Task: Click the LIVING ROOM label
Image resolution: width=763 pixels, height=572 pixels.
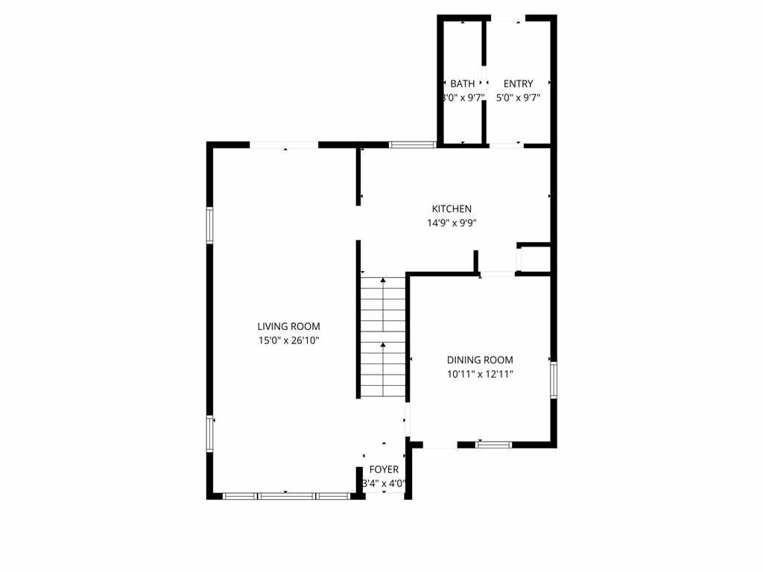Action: (288, 326)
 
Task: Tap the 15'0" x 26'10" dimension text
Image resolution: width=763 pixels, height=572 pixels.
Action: (288, 340)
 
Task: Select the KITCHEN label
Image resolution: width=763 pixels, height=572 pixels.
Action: (452, 209)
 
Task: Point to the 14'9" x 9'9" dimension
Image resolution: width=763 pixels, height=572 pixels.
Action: (452, 223)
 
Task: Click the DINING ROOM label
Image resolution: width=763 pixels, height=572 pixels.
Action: (480, 360)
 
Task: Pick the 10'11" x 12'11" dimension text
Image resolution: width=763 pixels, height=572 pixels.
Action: (480, 375)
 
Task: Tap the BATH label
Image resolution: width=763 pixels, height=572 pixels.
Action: (462, 83)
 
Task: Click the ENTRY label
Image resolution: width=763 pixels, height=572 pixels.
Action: (518, 83)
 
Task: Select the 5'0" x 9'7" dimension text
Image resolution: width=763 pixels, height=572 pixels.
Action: (518, 98)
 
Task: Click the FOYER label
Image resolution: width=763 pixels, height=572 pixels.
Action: (384, 469)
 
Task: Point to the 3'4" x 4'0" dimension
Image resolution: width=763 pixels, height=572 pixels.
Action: (384, 483)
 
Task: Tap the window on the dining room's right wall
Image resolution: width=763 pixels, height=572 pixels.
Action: (553, 380)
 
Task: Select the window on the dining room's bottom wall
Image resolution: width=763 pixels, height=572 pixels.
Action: (493, 445)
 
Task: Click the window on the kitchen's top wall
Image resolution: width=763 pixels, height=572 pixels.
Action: (413, 144)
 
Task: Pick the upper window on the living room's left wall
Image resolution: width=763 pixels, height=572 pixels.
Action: (210, 226)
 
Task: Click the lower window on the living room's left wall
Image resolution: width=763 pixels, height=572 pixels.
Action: (210, 434)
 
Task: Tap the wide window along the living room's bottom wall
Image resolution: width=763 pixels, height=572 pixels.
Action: (286, 495)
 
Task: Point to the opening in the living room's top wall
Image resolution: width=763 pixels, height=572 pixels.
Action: (284, 144)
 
